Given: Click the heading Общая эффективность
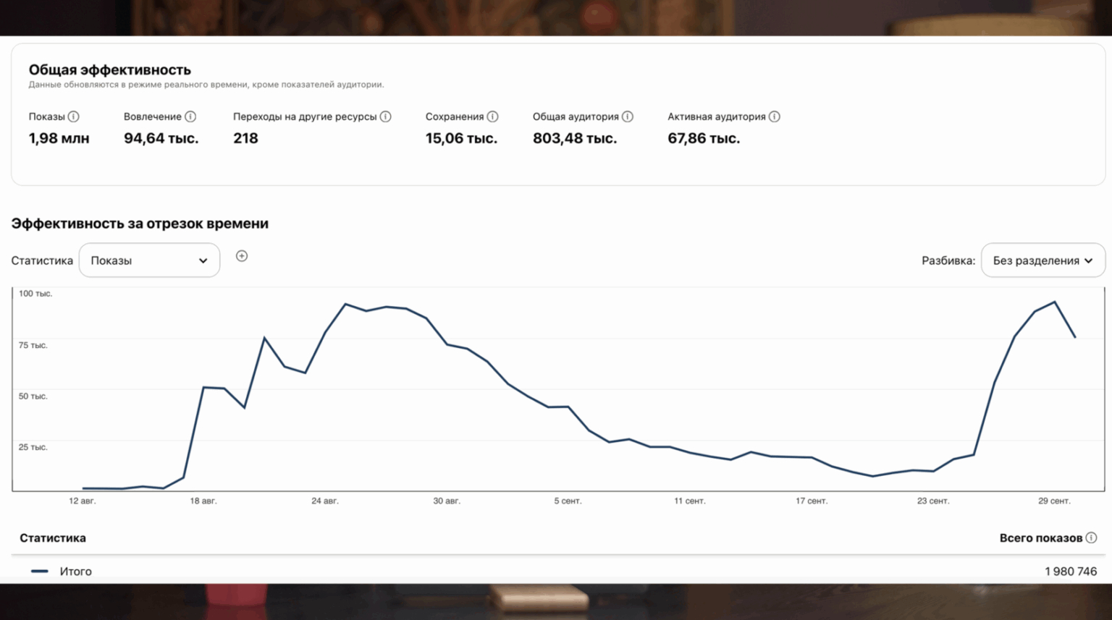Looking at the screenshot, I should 109,70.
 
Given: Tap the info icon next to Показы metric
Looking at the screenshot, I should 73,116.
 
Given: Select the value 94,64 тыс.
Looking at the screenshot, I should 161,138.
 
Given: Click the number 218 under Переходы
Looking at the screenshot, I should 245,138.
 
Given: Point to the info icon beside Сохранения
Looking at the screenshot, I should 492,116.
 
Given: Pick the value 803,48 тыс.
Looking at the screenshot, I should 575,138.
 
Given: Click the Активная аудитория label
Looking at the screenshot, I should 716,116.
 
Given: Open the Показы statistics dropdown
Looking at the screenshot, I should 149,260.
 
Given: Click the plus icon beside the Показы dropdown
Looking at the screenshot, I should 242,256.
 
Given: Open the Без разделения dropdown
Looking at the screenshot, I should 1042,260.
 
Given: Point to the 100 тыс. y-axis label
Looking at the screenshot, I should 35,294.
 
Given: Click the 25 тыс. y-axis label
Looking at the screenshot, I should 33,447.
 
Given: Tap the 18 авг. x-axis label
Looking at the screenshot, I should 203,501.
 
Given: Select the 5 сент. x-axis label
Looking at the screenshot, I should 568,501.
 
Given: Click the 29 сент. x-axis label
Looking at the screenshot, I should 1054,501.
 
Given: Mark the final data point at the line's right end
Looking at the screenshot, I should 1075,337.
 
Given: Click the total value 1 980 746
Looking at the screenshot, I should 1070,572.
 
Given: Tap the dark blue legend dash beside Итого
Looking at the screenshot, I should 40,572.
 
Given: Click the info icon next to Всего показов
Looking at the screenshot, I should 1091,538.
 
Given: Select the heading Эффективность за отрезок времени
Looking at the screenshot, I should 140,224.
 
